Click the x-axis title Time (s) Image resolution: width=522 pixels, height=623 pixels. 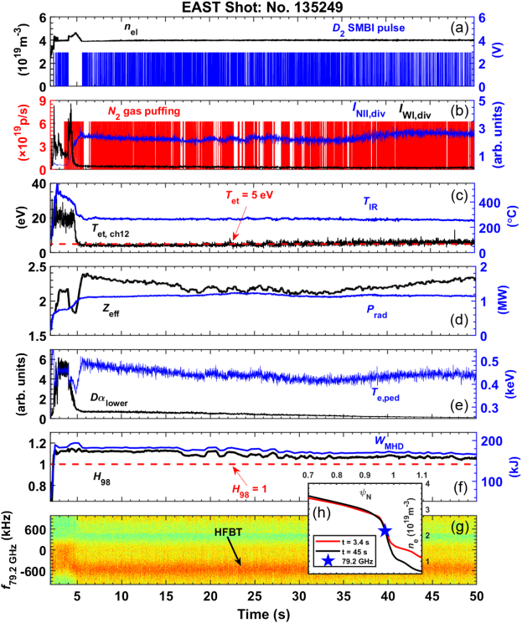[262, 614]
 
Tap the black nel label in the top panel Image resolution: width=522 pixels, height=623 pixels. [131, 28]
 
